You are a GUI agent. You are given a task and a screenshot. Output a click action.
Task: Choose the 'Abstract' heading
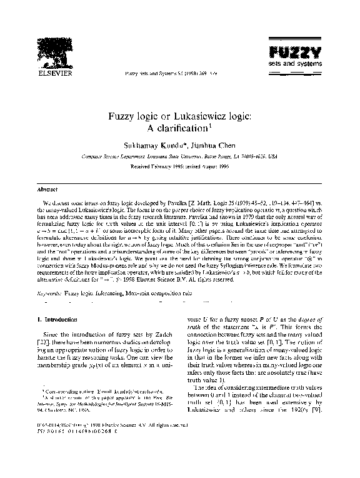click(x=47, y=188)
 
